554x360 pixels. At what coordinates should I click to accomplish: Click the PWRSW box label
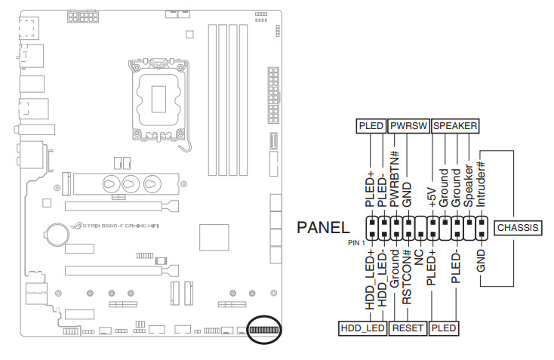pyautogui.click(x=408, y=126)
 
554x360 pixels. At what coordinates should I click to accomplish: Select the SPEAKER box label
pyautogui.click(x=455, y=126)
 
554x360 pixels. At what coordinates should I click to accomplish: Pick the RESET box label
pyautogui.click(x=408, y=328)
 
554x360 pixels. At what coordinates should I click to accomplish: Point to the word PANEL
pyautogui.click(x=324, y=227)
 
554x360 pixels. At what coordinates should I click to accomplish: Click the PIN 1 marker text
pyautogui.click(x=355, y=242)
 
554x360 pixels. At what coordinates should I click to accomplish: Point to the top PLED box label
pyautogui.click(x=371, y=126)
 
